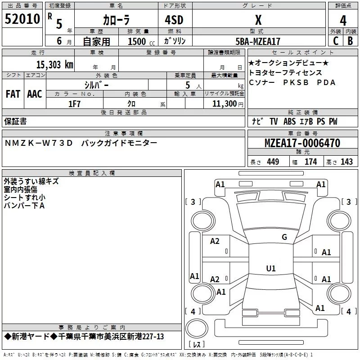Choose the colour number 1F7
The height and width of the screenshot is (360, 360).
click(75, 104)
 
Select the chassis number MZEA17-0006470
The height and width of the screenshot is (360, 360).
click(302, 143)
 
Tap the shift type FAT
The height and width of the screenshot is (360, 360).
click(13, 94)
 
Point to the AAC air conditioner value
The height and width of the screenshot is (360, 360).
click(35, 94)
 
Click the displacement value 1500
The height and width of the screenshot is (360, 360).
click(137, 41)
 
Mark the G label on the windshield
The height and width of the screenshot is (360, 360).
click(284, 237)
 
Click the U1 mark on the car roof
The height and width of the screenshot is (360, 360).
click(270, 268)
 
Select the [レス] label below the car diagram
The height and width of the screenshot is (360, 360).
click(196, 345)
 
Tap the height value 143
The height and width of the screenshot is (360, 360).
click(346, 162)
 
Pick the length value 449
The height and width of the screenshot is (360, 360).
click(273, 162)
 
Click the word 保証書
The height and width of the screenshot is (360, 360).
click(15, 121)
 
